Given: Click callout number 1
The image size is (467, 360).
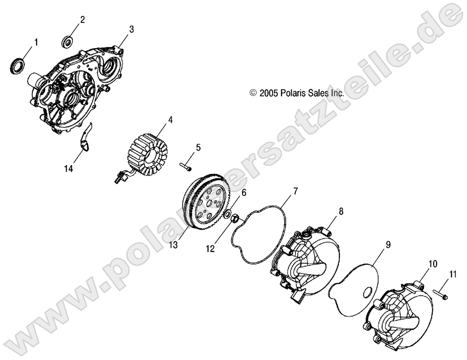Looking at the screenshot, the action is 36,42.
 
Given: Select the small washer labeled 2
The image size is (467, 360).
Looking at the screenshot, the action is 68,42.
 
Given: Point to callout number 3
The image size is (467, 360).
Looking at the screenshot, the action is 132,29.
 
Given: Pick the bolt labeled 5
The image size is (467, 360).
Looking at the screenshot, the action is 185,166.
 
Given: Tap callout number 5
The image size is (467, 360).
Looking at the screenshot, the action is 198,147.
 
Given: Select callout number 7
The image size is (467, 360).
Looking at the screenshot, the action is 295,191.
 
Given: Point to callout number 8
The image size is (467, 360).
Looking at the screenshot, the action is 341,211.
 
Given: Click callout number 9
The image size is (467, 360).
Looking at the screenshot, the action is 388,245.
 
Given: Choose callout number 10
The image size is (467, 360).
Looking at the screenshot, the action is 433,264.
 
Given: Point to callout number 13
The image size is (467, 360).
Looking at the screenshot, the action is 173,245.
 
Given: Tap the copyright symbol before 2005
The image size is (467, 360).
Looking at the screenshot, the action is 253,93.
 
